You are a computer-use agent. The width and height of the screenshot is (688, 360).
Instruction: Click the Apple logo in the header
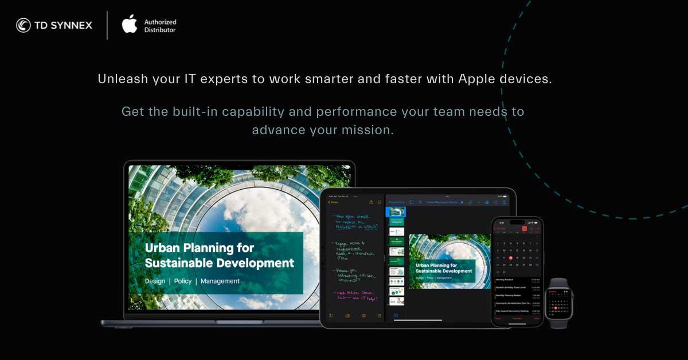pyautogui.click(x=130, y=25)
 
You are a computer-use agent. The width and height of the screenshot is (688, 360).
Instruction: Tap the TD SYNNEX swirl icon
pyautogui.click(x=24, y=25)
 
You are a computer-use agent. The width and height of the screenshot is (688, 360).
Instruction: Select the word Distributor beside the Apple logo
pyautogui.click(x=160, y=30)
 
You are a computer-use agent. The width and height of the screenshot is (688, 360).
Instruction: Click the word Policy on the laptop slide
pyautogui.click(x=183, y=281)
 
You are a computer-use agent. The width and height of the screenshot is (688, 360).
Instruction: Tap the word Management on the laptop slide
pyautogui.click(x=220, y=281)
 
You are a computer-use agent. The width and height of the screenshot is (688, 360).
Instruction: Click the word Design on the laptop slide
pyautogui.click(x=155, y=281)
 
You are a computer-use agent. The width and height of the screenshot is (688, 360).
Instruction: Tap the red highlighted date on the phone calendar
pyautogui.click(x=511, y=258)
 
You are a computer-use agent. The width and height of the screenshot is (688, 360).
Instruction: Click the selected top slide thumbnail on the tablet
pyautogui.click(x=396, y=212)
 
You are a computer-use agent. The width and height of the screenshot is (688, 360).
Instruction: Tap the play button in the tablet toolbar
pyautogui.click(x=462, y=202)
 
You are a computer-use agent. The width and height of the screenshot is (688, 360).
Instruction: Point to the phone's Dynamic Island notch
pyautogui.click(x=517, y=222)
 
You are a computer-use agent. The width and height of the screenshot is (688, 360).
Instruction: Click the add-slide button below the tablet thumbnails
pyautogui.click(x=395, y=315)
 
